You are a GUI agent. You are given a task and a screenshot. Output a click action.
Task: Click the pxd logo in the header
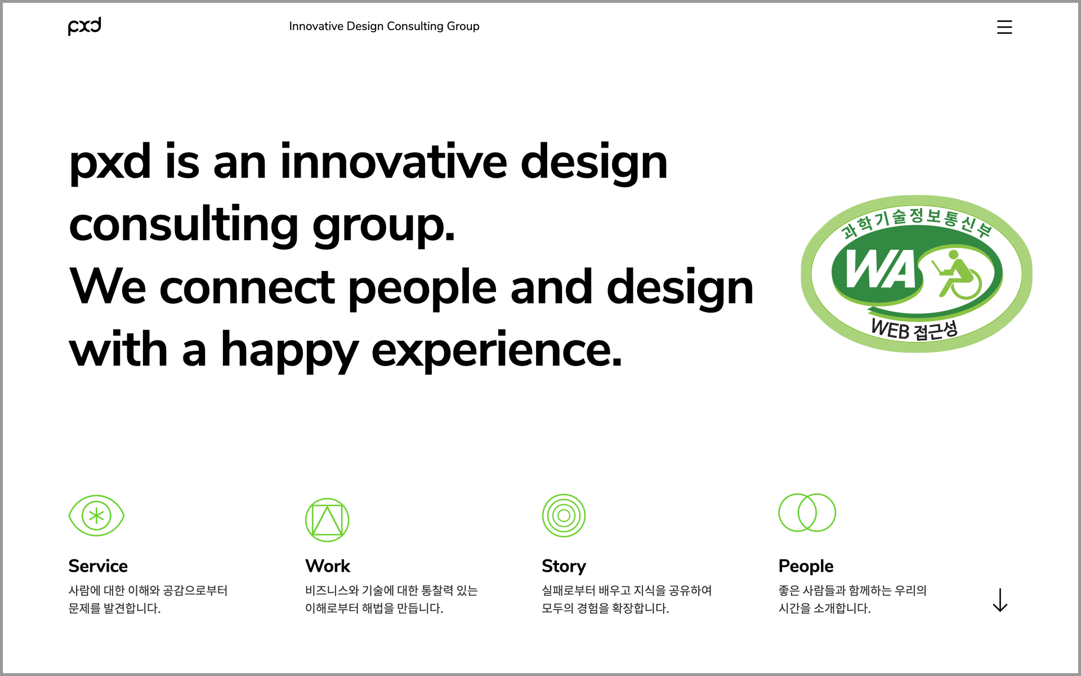point(84,26)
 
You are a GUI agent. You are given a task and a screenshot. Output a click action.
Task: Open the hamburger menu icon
point(1004,27)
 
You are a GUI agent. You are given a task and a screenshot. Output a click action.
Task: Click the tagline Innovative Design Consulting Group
point(384,26)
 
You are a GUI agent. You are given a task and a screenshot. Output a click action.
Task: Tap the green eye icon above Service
point(96,515)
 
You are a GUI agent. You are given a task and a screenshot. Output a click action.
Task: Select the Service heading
point(98,566)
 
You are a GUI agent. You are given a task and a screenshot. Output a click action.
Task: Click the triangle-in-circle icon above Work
point(327,519)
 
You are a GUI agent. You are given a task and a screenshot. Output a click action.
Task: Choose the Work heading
point(328,566)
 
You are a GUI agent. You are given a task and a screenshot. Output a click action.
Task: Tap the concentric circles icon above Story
point(564,515)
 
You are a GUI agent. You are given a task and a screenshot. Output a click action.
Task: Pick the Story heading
point(564,566)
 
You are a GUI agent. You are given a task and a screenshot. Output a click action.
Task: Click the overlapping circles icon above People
point(807,513)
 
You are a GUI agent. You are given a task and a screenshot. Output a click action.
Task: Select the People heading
point(806,566)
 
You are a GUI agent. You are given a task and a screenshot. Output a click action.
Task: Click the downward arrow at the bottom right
point(1000,600)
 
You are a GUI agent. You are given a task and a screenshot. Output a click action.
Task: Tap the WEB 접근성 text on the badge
point(914,329)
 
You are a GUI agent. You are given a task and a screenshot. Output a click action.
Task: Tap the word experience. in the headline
point(497,350)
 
